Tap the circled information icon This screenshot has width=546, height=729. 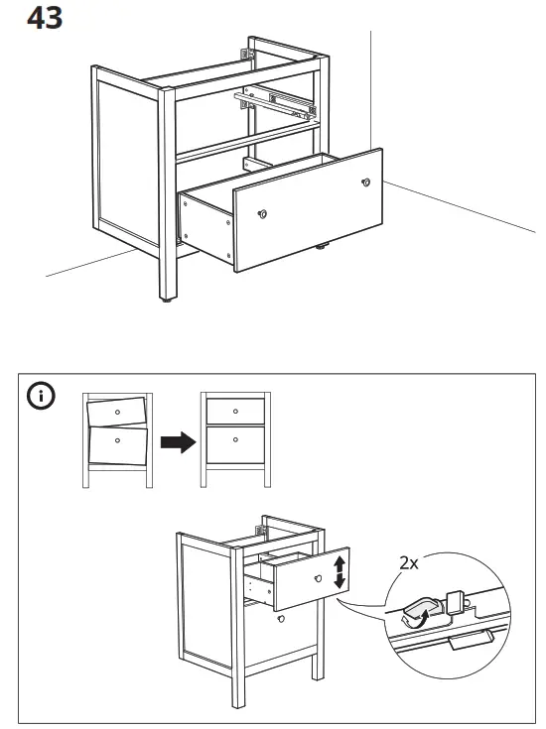(x=41, y=397)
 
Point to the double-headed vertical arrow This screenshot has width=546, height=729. (x=340, y=572)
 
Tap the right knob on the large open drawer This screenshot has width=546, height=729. (x=366, y=182)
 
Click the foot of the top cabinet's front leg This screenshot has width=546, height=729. (x=165, y=297)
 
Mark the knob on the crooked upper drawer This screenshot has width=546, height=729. (x=117, y=410)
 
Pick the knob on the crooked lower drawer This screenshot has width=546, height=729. (x=117, y=439)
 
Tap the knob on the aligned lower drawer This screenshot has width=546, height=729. (x=234, y=438)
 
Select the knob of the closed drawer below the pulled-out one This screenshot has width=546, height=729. (x=281, y=619)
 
